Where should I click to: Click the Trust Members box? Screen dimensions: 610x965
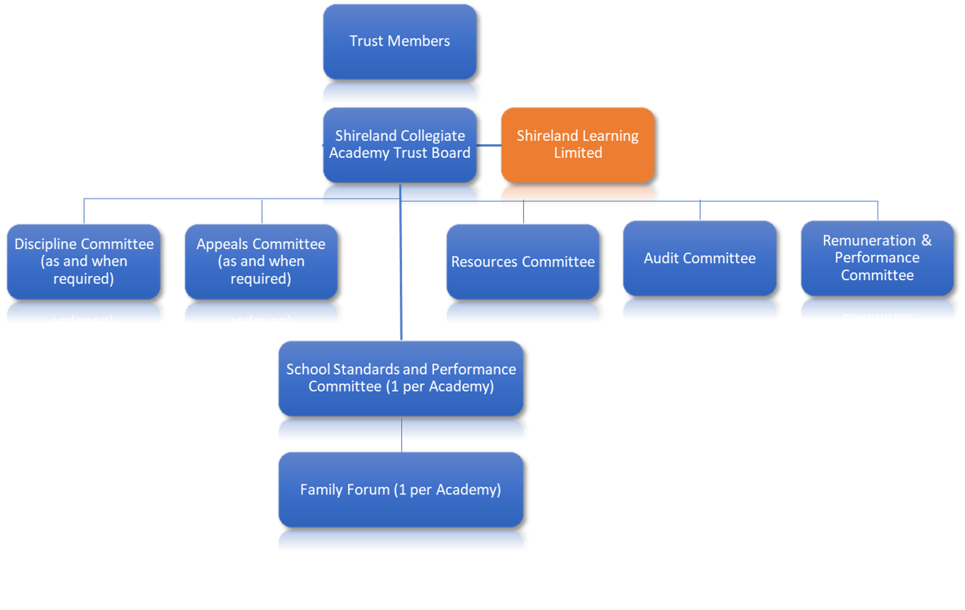399,41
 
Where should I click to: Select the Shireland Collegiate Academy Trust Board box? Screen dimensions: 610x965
399,144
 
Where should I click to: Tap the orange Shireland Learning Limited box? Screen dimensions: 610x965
577,144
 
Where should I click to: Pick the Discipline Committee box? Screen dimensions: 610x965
83,261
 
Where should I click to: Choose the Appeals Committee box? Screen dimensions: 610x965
261,261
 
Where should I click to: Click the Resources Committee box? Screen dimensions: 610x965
522,261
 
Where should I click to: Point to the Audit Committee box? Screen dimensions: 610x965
699,257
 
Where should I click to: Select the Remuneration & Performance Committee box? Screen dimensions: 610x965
877,257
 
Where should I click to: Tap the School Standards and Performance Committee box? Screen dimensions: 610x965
400,378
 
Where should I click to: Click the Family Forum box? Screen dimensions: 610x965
400,489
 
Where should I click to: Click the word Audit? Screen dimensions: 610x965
661,258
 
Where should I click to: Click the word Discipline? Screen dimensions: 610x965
49,244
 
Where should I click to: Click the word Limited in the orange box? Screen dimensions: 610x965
578,153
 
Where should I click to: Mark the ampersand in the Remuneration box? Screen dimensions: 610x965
926,240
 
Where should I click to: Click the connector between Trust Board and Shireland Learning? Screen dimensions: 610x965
488,146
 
